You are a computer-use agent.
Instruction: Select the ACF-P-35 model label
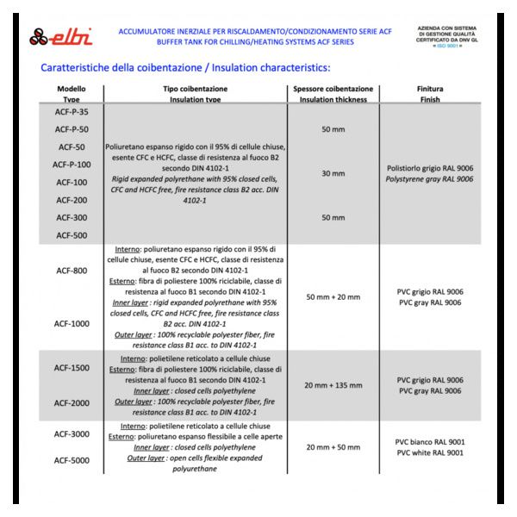[72, 111]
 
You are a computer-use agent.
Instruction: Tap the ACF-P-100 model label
[72, 164]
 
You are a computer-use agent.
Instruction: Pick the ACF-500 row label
[72, 235]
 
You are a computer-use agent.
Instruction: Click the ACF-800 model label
[72, 271]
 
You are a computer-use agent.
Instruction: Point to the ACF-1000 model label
[72, 324]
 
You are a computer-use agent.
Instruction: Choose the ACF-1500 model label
[72, 368]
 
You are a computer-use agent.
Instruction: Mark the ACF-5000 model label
[72, 460]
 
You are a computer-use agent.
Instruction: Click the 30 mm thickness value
[333, 173]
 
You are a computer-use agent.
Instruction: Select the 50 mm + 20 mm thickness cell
[333, 297]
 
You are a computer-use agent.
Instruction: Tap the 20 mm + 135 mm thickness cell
[333, 385]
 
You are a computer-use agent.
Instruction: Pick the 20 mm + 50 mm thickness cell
[333, 447]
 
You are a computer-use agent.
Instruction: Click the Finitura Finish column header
[429, 94]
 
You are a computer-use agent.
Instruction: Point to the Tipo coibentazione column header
[195, 94]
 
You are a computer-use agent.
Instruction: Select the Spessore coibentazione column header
[333, 94]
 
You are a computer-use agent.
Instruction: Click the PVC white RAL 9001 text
[429, 453]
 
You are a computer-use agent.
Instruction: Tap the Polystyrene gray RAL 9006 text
[429, 179]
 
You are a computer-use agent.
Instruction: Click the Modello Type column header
[72, 94]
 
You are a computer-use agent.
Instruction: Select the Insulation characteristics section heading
[185, 67]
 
